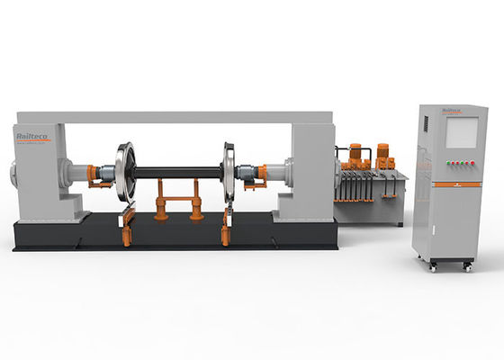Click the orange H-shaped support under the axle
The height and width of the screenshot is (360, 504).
click(x=177, y=198)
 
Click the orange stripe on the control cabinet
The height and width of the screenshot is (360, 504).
click(x=455, y=184)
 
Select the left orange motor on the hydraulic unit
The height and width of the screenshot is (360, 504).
click(x=355, y=153)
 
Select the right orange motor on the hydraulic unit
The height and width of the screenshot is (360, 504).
click(x=382, y=152)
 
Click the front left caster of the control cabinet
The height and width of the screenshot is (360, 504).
click(x=433, y=266)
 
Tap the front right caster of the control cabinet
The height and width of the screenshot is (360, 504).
click(x=467, y=266)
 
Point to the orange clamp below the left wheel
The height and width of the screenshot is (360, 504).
click(x=126, y=225)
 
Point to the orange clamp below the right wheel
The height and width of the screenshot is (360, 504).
click(x=227, y=226)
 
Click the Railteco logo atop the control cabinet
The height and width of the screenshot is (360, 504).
click(x=452, y=112)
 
